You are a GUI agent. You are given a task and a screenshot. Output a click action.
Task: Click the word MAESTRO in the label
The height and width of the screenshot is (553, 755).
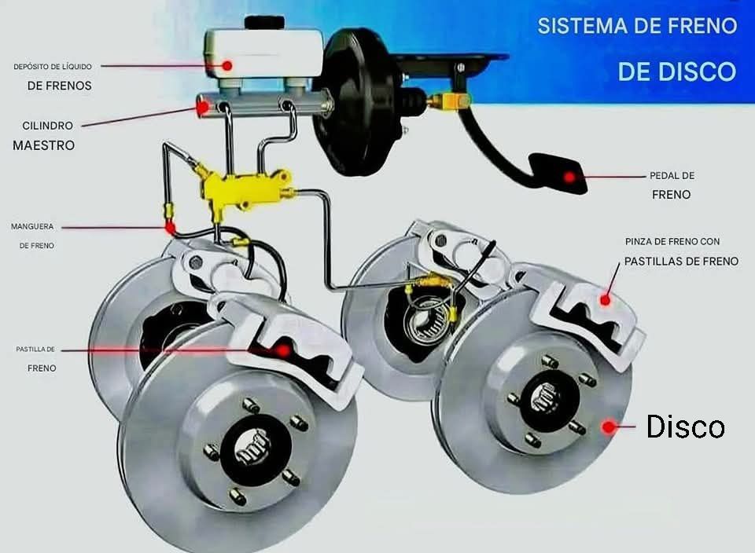coord(43,145)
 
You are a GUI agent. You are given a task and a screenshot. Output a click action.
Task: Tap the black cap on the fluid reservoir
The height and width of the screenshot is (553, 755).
coord(263,22)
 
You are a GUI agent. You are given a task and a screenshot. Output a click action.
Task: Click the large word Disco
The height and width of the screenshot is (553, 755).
coord(685,427)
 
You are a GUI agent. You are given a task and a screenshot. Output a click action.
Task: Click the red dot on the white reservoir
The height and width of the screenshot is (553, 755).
coord(227,66)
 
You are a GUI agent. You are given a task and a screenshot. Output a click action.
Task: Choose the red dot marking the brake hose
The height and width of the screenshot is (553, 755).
coord(169,228)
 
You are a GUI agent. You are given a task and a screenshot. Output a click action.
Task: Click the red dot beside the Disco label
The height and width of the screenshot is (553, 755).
coord(608,427)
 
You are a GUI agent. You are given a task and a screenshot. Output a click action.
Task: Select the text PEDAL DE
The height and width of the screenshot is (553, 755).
coord(672,176)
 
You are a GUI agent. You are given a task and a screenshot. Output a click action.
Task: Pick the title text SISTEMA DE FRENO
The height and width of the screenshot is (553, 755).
coord(637,26)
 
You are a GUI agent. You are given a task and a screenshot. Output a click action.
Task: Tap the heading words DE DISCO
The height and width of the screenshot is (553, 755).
coord(676,71)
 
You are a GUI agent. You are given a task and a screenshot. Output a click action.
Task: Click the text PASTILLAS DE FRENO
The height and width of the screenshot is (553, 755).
coord(681,261)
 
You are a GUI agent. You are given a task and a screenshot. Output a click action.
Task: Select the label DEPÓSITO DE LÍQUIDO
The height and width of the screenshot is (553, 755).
coord(53,67)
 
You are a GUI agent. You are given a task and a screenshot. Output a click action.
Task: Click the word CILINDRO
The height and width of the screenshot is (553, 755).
coord(48,126)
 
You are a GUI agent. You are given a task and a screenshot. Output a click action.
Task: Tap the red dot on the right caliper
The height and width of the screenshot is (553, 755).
coord(605,298)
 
